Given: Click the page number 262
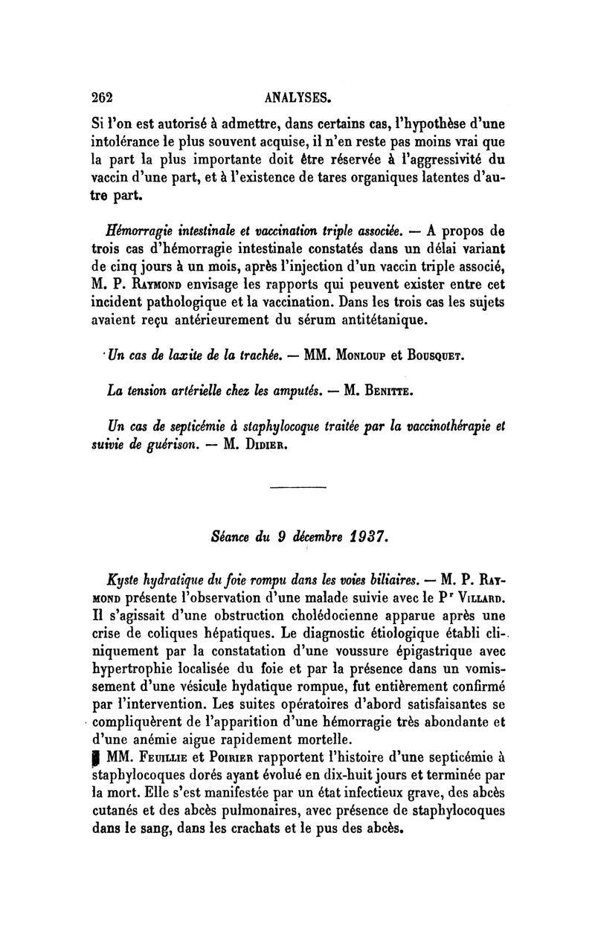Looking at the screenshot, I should [x=100, y=97].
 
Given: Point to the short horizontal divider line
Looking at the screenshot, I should [x=297, y=489].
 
